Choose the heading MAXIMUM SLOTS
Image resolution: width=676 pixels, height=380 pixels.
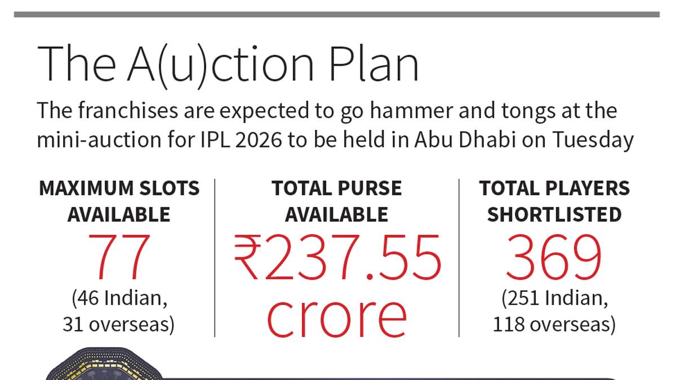119,189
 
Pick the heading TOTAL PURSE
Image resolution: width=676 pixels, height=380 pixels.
337,189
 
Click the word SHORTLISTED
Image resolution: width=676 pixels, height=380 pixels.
554,214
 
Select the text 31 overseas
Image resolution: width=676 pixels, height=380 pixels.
119,324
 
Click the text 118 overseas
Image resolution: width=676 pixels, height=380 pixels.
554,324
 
